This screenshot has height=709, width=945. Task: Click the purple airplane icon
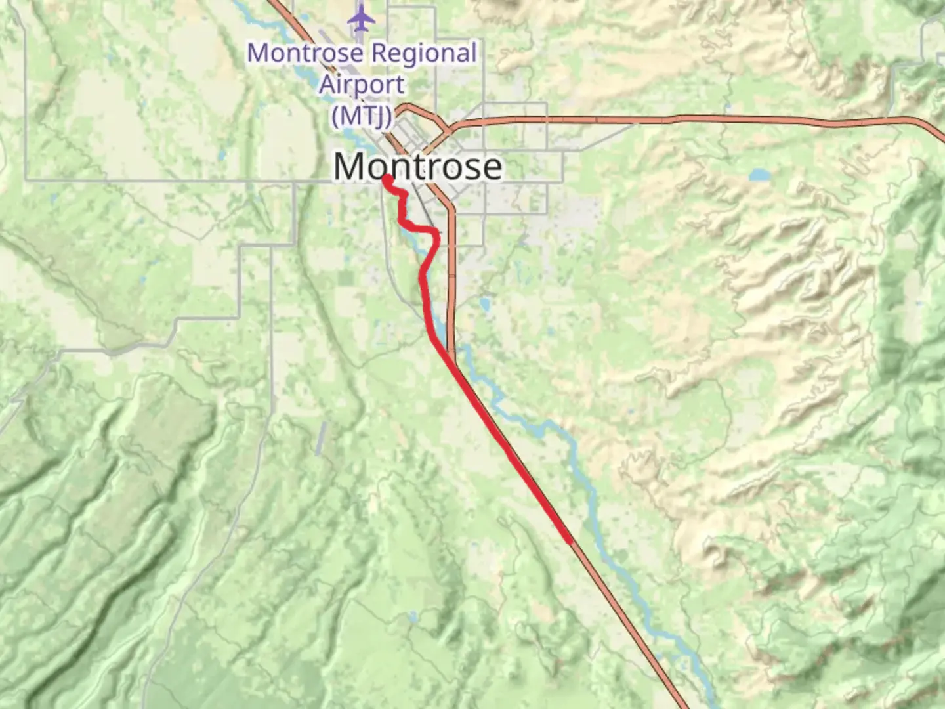tap(362, 18)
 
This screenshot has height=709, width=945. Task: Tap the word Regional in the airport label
tap(422, 53)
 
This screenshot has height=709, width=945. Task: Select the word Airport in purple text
tap(362, 85)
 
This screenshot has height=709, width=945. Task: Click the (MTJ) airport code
tap(362, 116)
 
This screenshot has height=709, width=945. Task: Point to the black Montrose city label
tap(418, 166)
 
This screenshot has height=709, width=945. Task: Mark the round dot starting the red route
tap(387, 179)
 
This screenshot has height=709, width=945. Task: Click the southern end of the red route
tap(568, 541)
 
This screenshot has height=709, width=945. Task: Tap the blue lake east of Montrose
tap(759, 175)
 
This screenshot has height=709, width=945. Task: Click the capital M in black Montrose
tap(349, 167)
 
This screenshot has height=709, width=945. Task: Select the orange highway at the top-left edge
tap(274, 3)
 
